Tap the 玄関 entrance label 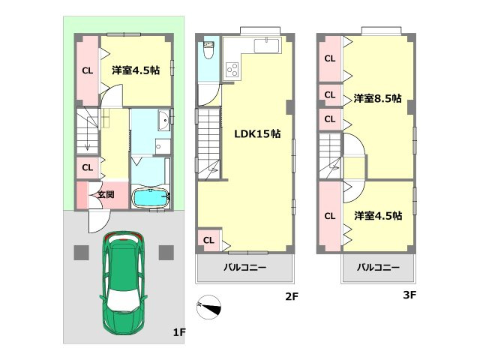click(x=105, y=195)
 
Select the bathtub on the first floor click(x=150, y=199)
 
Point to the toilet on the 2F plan click(x=208, y=53)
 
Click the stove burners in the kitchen click(x=232, y=71)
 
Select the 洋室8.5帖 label click(x=377, y=98)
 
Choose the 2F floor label click(x=292, y=295)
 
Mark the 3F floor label click(x=409, y=295)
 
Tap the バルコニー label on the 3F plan click(x=377, y=267)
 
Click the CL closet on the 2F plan click(x=208, y=240)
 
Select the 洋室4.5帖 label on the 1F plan click(x=136, y=70)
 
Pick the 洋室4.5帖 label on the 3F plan click(x=377, y=215)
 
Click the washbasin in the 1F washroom click(x=163, y=121)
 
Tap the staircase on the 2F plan click(x=208, y=142)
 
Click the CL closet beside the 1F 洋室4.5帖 click(x=88, y=71)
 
